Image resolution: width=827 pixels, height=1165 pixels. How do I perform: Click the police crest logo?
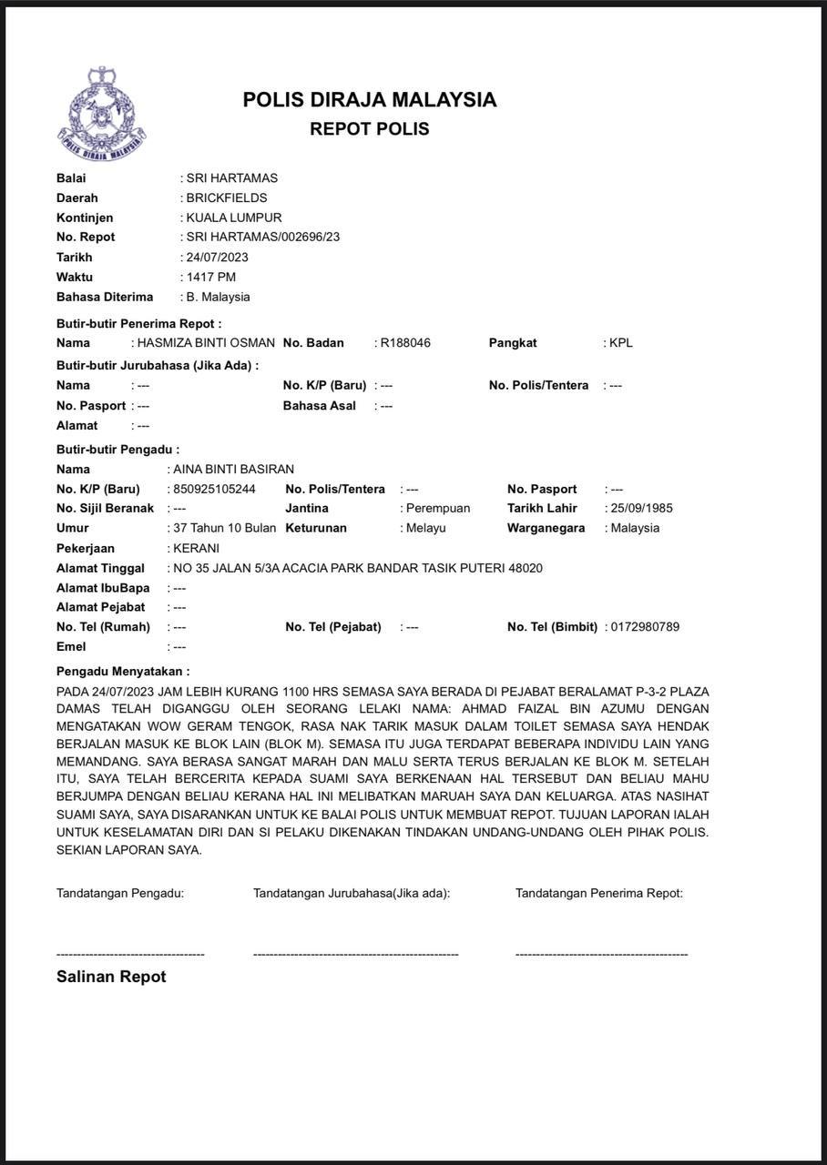[x=101, y=115]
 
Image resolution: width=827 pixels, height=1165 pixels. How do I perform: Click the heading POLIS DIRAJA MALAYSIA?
[x=369, y=100]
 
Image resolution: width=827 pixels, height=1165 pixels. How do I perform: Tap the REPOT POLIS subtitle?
[x=369, y=129]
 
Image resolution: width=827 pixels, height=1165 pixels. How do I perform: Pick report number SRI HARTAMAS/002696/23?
[x=263, y=238]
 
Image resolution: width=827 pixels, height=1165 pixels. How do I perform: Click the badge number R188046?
[x=405, y=343]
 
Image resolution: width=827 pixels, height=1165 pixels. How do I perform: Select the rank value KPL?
[x=620, y=343]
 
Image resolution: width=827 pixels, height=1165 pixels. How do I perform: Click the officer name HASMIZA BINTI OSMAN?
[x=205, y=343]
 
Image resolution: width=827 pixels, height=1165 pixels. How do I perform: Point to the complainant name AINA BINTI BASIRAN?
[x=233, y=470]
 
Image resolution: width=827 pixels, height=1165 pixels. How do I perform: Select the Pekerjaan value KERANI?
[x=196, y=549]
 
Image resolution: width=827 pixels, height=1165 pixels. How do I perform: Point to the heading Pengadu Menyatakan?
[x=123, y=671]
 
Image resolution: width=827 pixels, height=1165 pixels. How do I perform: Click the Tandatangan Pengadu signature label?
[x=120, y=893]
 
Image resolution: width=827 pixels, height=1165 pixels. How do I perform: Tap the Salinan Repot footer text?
[x=111, y=977]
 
